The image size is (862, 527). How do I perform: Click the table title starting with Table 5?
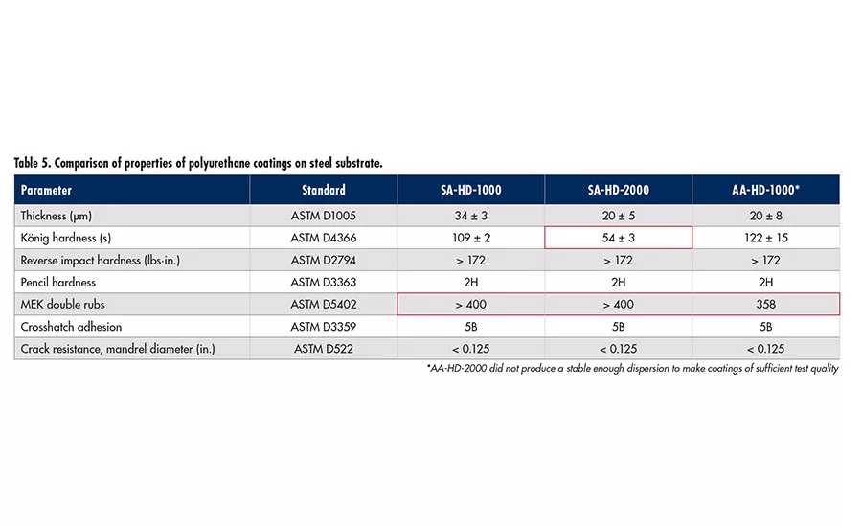[x=198, y=163]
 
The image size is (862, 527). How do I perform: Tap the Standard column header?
[x=323, y=190]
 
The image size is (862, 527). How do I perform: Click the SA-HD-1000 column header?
[x=470, y=190]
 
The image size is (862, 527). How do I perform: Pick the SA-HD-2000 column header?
[x=618, y=190]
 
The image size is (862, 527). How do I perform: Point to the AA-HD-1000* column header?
[x=765, y=190]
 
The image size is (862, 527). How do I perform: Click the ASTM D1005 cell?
[x=323, y=216]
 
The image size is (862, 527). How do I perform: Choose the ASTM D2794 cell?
[x=323, y=260]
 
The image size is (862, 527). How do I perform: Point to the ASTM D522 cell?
[x=323, y=349]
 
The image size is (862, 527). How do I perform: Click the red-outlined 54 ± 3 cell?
[x=618, y=238]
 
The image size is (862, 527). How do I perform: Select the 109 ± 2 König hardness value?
[x=470, y=238]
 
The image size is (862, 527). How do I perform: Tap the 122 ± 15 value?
[x=765, y=238]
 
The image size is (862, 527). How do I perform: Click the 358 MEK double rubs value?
[x=765, y=304]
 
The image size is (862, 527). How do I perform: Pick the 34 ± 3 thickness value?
[x=470, y=216]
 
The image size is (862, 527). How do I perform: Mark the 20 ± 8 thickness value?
[x=765, y=216]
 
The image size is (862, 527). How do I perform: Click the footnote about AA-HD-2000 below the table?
[x=632, y=369]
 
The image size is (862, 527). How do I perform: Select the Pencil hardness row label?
[x=59, y=282]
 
